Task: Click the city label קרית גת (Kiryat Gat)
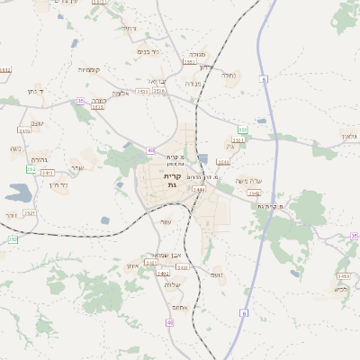tap(173, 182)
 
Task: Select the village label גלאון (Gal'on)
tap(349, 135)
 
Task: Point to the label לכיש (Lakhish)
tap(340, 289)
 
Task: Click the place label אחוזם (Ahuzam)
tap(178, 307)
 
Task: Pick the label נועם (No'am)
tap(216, 274)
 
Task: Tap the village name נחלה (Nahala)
tap(229, 76)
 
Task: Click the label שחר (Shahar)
tap(76, 167)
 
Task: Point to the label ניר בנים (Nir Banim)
tap(148, 52)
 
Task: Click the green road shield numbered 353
tap(243, 130)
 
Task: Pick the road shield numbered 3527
tap(29, 213)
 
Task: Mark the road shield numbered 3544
tap(199, 190)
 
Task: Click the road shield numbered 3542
tap(255, 193)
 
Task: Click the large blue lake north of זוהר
tap(18, 192)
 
